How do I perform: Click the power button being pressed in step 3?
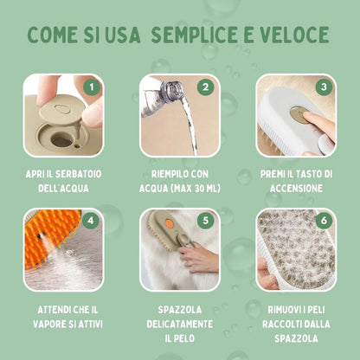[297, 115]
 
